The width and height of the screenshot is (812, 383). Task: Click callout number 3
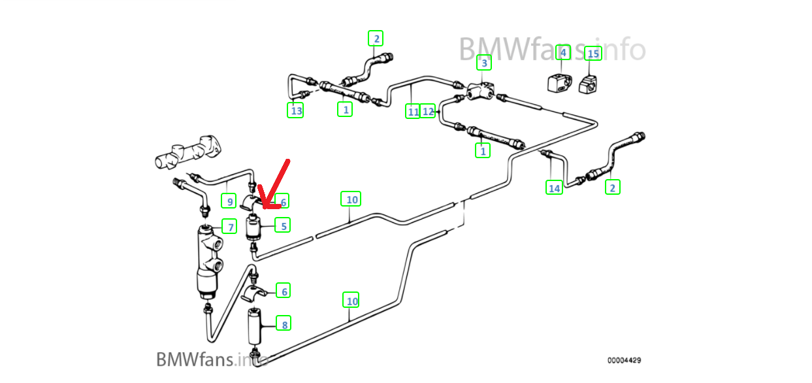(483, 63)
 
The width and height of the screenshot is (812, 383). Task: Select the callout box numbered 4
(563, 52)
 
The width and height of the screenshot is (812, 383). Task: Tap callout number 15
(593, 53)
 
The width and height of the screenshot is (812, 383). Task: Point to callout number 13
(296, 110)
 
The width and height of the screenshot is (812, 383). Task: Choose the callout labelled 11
(413, 112)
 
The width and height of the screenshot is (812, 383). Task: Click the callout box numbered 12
(428, 111)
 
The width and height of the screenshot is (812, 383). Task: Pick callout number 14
(554, 188)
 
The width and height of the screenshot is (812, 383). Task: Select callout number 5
(283, 225)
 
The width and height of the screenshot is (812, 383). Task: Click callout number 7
(229, 227)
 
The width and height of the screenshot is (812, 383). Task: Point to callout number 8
(283, 323)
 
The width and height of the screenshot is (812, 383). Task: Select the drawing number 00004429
(624, 360)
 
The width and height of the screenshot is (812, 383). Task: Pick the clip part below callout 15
(589, 84)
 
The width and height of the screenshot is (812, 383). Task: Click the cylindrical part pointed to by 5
(254, 228)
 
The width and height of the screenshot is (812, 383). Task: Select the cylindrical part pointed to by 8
(255, 324)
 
